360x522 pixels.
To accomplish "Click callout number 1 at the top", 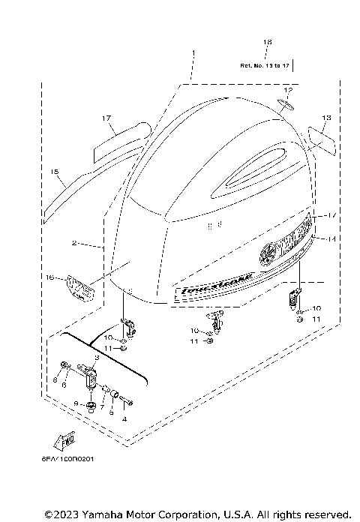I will (x=192, y=53).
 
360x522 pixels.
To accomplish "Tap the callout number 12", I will (x=287, y=90).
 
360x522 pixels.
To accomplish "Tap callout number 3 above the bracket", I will (x=96, y=359).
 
